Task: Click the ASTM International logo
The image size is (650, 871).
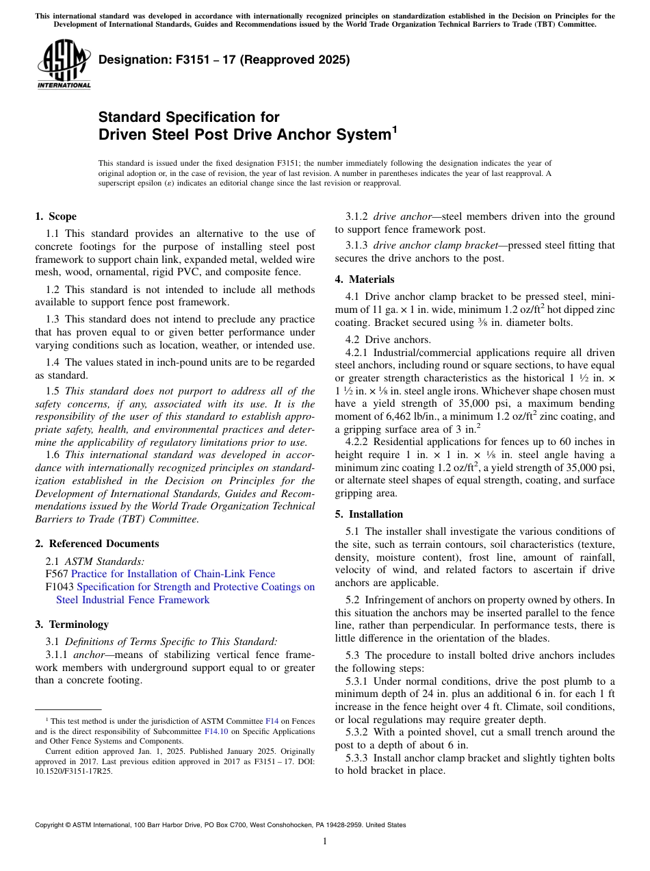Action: [x=64, y=65]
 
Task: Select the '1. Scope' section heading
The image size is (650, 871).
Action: [x=55, y=216]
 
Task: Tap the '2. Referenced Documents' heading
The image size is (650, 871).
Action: [x=96, y=544]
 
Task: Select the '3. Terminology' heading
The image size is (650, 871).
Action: [x=72, y=624]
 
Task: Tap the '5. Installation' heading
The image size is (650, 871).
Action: [x=369, y=514]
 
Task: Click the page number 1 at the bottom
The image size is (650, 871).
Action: [x=325, y=842]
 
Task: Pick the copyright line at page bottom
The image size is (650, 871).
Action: [x=220, y=825]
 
